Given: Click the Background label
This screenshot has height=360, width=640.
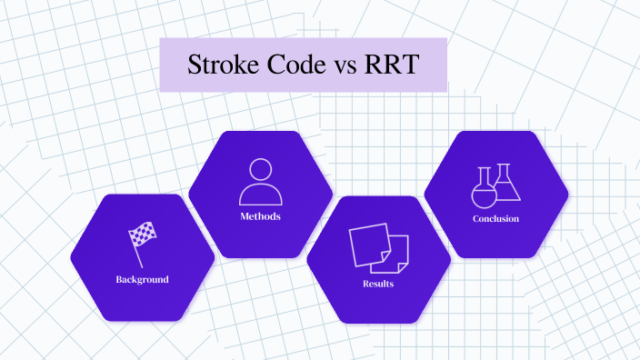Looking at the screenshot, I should (x=142, y=279).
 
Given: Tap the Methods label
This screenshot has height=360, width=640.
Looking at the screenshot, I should (x=260, y=216).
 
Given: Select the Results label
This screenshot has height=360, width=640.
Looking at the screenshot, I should (x=378, y=284).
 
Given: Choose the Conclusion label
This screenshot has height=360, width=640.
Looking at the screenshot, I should (x=495, y=219).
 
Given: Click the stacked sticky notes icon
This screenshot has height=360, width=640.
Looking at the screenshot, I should (x=378, y=247).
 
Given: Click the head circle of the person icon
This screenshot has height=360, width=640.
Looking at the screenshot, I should (x=260, y=170).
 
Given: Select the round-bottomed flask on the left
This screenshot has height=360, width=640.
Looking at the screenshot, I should (x=484, y=190).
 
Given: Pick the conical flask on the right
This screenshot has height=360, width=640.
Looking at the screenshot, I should (x=506, y=185).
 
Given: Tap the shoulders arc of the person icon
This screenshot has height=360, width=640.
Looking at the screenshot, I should (x=260, y=195).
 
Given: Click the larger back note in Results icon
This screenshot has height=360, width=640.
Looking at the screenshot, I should (x=367, y=242).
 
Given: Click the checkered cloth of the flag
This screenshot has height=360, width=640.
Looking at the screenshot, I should (x=144, y=235).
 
